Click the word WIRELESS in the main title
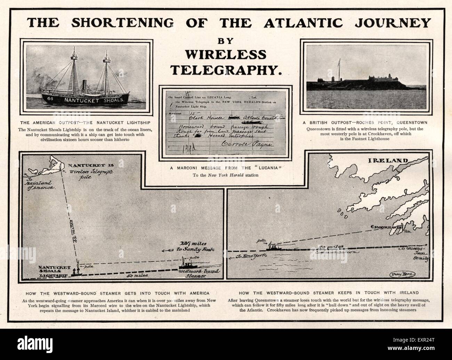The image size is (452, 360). [226, 55]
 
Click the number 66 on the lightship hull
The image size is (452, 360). [50, 99]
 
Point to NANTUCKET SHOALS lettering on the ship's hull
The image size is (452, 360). [93, 100]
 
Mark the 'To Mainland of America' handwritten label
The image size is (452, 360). [40, 185]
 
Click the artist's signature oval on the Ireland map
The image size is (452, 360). [399, 273]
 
